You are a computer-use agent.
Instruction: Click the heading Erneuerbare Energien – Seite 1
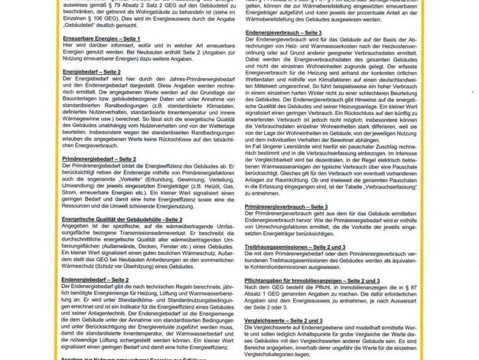pos(101,38)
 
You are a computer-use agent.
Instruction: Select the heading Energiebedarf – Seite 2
pos(91,72)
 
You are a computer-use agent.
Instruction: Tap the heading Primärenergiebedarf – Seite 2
pos(99,159)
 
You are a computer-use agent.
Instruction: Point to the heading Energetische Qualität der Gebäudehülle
pos(122,219)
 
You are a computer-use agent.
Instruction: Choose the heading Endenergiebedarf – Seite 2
pos(95,280)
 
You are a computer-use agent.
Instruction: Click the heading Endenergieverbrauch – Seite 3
pos(283,33)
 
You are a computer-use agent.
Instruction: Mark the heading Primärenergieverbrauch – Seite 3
pos(285,207)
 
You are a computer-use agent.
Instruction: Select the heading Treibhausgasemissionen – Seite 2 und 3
pos(294,247)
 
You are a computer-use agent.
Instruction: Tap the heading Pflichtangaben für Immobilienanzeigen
pos(311,280)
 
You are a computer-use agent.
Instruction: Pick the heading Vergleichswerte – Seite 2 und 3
pos(283,320)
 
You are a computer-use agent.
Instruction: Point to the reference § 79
pos(123,5)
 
